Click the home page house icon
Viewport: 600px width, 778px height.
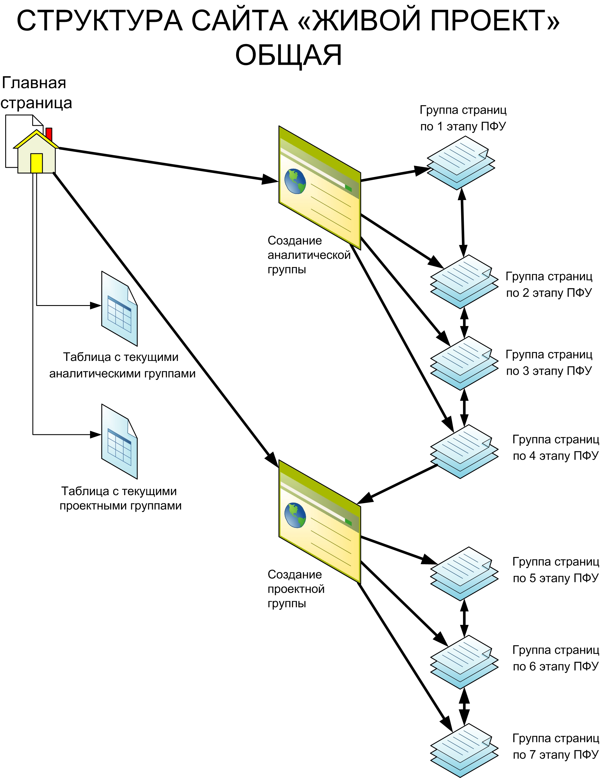click(x=36, y=153)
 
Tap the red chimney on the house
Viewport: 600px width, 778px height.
click(x=49, y=134)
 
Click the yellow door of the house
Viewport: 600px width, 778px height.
click(x=37, y=163)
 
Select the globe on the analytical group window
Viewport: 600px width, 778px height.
click(x=295, y=181)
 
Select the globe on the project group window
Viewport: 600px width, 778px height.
click(x=295, y=515)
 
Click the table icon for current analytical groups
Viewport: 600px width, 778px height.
click(x=119, y=309)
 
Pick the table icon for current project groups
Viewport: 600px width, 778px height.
click(x=119, y=441)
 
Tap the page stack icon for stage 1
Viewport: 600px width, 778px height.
click(x=461, y=162)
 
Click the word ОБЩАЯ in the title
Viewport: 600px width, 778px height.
click(x=288, y=55)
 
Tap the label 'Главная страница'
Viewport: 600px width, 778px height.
click(x=36, y=93)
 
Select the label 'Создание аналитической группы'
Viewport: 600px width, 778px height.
click(x=309, y=255)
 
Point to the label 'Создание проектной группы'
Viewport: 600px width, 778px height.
click(x=296, y=589)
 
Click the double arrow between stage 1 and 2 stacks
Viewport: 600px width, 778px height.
click(x=462, y=222)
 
